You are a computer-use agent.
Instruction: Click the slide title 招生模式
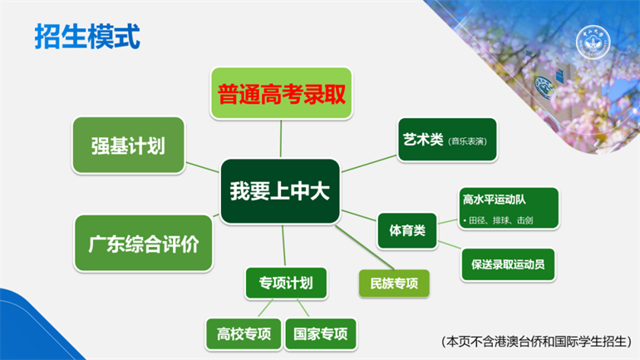(87, 37)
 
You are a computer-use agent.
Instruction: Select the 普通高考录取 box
(281, 93)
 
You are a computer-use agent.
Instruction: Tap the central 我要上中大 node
(280, 191)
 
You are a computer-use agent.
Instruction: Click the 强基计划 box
(129, 145)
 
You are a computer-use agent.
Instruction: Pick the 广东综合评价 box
(143, 244)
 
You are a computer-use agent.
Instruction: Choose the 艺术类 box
(447, 140)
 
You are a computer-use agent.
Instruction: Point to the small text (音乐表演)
(467, 141)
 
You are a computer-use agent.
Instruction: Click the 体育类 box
(407, 230)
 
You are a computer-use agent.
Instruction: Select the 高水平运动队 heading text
(494, 200)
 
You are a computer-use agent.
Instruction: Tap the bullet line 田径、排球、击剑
(498, 220)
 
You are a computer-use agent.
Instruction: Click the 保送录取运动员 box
(508, 264)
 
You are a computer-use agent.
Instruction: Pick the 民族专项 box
(394, 284)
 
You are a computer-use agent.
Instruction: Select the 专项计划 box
(286, 283)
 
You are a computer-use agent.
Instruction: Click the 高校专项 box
(244, 334)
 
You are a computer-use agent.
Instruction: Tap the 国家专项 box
(320, 334)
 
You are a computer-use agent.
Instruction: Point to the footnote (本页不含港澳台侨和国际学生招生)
(536, 342)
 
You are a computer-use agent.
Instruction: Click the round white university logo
(593, 42)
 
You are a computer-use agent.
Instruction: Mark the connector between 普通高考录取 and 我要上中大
(281, 139)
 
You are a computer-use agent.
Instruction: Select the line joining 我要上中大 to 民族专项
(365, 248)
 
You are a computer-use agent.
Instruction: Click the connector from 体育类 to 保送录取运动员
(450, 245)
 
